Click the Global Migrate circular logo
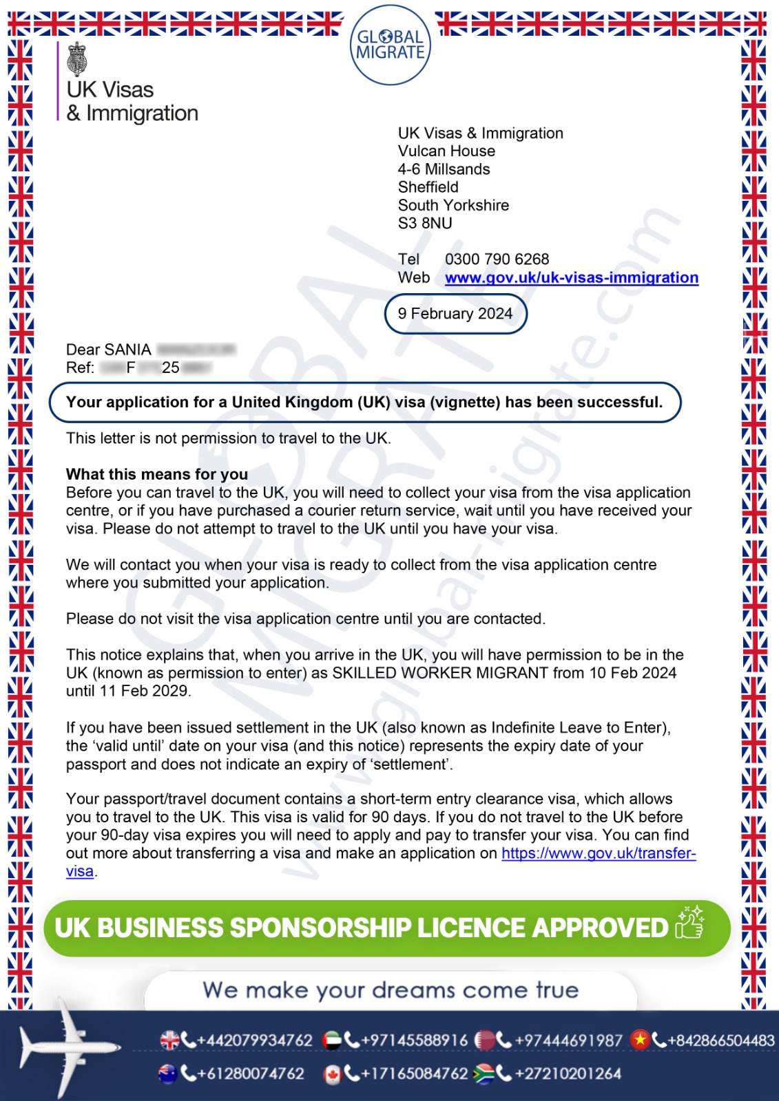click(390, 45)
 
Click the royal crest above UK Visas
click(76, 59)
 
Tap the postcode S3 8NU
click(425, 223)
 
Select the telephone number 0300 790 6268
click(497, 259)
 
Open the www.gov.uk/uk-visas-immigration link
click(571, 277)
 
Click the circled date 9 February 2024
click(455, 314)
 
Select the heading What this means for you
click(157, 474)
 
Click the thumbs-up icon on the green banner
click(689, 923)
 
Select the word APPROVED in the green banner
click(600, 928)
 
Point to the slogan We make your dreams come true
click(391, 990)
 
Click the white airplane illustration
click(66, 1047)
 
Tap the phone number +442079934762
click(254, 1040)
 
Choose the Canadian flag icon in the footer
click(332, 1074)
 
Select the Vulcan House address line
click(446, 151)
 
